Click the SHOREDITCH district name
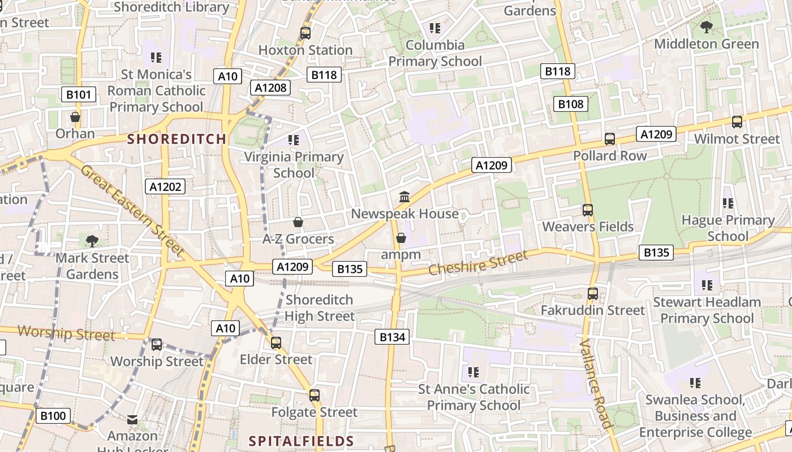tap(177, 139)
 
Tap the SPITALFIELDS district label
tap(302, 441)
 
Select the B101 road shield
tap(78, 94)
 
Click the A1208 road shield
tap(270, 88)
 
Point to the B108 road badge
tap(570, 104)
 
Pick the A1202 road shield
tap(165, 186)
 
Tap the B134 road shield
tap(392, 337)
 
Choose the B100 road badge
tap(53, 416)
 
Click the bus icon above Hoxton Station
tap(305, 33)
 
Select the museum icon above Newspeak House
tap(404, 197)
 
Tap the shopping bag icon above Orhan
tap(75, 118)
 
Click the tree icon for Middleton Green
tap(706, 27)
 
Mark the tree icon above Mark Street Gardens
tap(92, 241)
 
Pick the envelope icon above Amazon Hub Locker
tap(132, 420)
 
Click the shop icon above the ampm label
tap(401, 238)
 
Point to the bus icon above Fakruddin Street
tap(592, 294)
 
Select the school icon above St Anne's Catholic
tap(474, 372)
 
